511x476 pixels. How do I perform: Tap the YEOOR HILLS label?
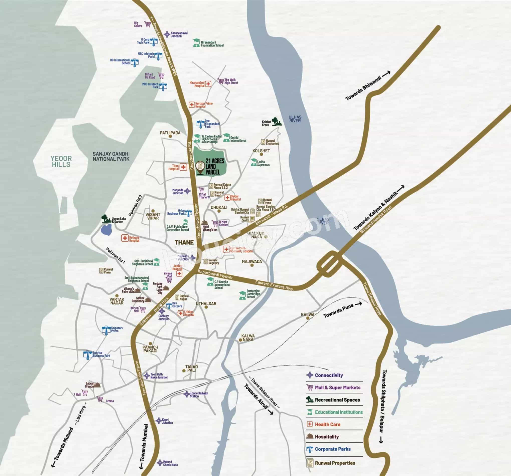pos(61,162)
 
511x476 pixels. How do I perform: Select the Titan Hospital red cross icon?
pos(183,167)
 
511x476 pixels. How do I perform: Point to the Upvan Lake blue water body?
pos(106,230)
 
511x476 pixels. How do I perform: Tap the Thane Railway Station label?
pos(199,395)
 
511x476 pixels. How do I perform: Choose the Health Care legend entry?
pos(327,424)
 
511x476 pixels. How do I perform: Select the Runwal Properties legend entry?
pos(335,463)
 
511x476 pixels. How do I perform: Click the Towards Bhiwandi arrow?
pos(386,74)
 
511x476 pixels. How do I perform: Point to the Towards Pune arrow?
pos(358,304)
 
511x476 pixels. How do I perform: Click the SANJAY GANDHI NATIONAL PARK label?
pos(111,156)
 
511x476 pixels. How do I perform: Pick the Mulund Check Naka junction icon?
pos(160,463)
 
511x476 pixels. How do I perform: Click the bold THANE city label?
pos(184,242)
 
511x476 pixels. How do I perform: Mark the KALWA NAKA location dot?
pos(240,340)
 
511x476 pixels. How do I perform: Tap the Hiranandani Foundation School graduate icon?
pos(197,43)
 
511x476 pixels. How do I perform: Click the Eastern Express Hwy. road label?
pos(274,285)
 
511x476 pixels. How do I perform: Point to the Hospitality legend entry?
pos(326,437)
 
